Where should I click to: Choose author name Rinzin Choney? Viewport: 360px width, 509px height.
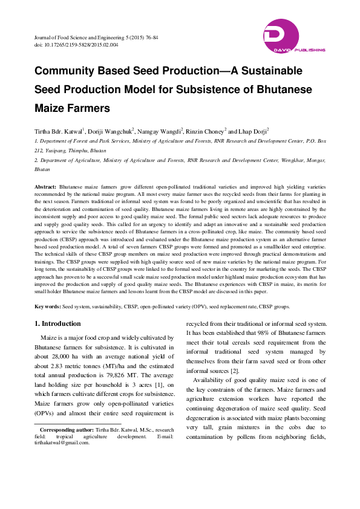(205, 131)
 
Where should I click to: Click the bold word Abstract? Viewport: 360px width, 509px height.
(45, 187)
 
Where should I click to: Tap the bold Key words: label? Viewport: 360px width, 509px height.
(47, 306)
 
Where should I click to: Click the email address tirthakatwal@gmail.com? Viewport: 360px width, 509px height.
(61, 443)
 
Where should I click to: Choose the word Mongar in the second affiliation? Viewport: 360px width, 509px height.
(315, 160)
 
